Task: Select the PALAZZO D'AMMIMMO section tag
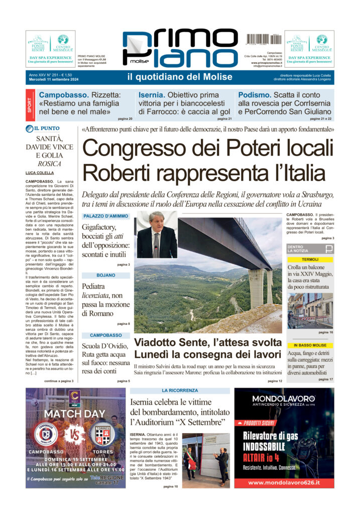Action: (x=106, y=216)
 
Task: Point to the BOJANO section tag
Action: (x=106, y=276)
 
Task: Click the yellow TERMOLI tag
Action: (x=310, y=260)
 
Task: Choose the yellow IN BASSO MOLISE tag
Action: (x=310, y=345)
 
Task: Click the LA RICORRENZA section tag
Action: (x=179, y=390)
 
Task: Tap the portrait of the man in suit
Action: (x=157, y=235)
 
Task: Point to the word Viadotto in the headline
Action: (x=156, y=343)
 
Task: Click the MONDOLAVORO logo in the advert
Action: (x=284, y=399)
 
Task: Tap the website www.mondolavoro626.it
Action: (x=284, y=482)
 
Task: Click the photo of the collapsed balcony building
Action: (x=309, y=311)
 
